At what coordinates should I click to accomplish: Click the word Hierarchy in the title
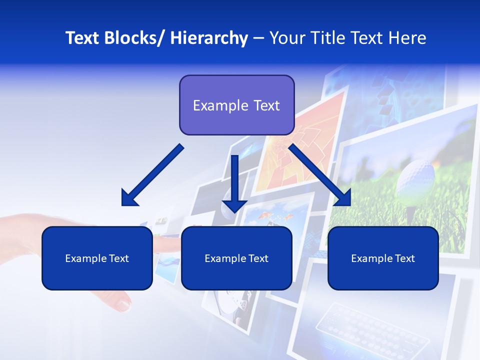tap(209, 38)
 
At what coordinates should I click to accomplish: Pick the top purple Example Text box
tap(236, 105)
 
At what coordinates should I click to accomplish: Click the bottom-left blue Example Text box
tap(97, 258)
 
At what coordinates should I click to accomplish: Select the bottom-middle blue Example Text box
tap(236, 258)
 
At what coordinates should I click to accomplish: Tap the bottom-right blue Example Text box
tap(383, 258)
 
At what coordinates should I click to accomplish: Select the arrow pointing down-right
tap(320, 175)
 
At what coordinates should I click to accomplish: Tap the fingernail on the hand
tap(122, 303)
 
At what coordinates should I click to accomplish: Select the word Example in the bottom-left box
tap(83, 258)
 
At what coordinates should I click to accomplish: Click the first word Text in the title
tap(83, 38)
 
